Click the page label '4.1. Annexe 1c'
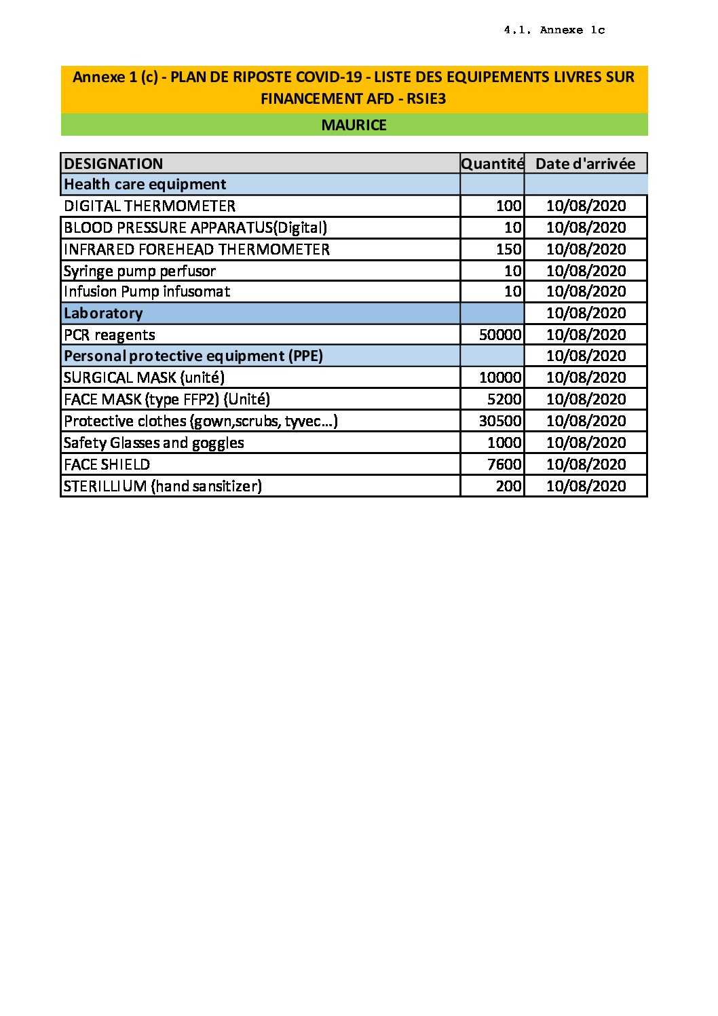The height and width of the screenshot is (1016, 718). [x=554, y=30]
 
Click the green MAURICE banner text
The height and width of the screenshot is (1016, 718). [x=354, y=125]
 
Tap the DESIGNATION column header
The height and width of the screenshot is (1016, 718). [x=113, y=164]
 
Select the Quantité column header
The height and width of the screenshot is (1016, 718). [x=492, y=164]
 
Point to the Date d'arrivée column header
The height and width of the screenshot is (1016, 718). [x=585, y=164]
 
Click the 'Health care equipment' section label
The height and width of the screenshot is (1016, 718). [x=145, y=184]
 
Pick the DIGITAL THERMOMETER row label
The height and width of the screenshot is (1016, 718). [x=149, y=206]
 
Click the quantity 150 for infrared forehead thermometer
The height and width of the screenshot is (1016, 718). [x=508, y=249]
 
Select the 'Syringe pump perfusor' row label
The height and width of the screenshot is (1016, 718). [x=139, y=271]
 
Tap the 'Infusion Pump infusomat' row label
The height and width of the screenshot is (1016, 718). [x=147, y=291]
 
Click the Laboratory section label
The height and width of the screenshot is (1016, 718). [x=103, y=313]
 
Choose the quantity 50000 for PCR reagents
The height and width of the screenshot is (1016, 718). [x=500, y=335]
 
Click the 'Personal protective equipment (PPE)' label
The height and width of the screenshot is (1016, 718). [x=193, y=356]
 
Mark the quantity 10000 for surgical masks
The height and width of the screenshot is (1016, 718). [x=500, y=377]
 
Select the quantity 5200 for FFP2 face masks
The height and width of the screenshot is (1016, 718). [x=504, y=399]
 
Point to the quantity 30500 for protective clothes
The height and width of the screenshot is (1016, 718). [x=500, y=421]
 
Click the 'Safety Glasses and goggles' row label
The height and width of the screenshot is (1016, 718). [x=153, y=443]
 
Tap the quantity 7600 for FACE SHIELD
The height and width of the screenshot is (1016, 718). [x=504, y=464]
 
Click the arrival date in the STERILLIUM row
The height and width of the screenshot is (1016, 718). [x=586, y=486]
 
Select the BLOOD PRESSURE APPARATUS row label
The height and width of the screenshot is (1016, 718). [x=195, y=227]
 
